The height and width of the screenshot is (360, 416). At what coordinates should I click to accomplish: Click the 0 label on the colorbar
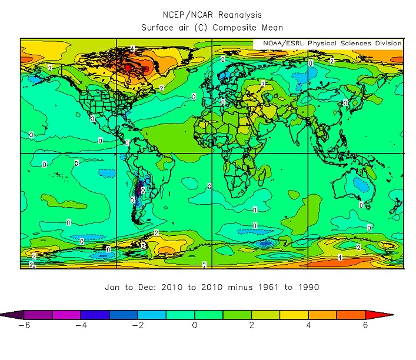coord(195,325)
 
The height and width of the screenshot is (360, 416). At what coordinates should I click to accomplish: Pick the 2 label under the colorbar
coord(252,325)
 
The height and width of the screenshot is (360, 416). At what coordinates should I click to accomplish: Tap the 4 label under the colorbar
coord(308,325)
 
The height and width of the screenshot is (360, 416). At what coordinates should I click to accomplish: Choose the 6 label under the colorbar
coord(365,325)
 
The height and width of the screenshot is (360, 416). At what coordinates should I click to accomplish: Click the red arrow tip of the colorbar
coord(386,315)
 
